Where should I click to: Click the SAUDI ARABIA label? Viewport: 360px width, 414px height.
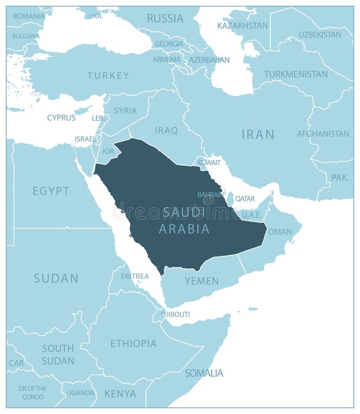tap(184, 220)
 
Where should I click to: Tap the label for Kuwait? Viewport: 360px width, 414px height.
tap(209, 162)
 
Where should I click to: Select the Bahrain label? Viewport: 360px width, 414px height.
tap(210, 195)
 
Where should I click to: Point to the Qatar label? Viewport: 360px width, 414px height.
tap(245, 199)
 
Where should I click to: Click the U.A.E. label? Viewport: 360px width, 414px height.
tap(251, 215)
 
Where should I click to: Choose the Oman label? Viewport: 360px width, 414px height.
tap(280, 232)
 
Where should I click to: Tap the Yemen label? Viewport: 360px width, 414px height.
tap(201, 281)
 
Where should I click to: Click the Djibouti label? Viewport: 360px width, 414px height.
tap(175, 315)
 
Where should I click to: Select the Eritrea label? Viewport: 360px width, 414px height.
tap(135, 276)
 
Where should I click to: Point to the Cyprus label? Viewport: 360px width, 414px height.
tap(61, 118)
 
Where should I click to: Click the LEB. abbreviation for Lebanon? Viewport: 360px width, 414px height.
tap(98, 118)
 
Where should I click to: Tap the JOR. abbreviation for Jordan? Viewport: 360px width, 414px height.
tap(108, 151)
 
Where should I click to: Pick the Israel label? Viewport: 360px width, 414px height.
tap(86, 139)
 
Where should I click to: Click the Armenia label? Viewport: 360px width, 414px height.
tap(166, 59)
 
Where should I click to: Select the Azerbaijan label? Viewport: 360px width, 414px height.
tap(209, 60)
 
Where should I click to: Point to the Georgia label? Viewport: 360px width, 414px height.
tap(169, 44)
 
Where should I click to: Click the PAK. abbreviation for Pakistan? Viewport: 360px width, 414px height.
tap(340, 177)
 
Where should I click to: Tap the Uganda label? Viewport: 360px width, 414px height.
tap(80, 393)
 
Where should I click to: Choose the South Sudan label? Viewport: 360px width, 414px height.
tap(58, 354)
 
